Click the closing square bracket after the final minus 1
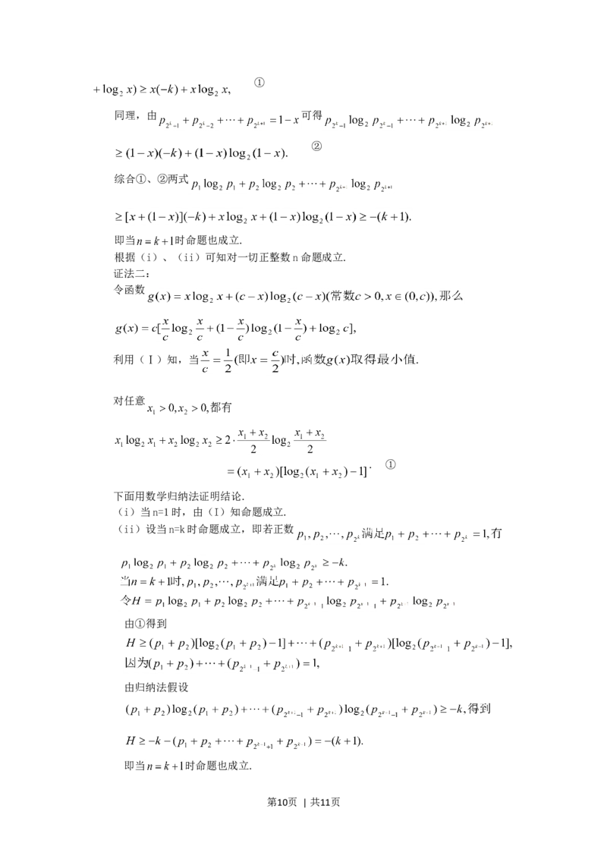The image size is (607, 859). [365, 473]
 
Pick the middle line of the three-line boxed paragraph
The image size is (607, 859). [250, 583]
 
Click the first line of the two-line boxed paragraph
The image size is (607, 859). [319, 644]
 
